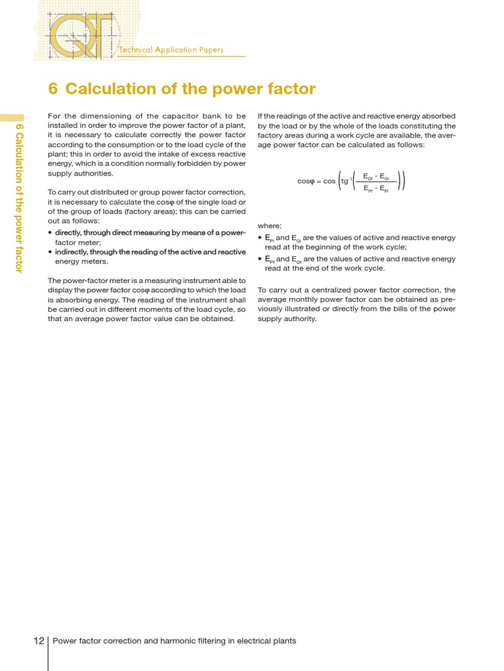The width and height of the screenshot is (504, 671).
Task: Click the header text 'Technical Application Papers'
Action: (x=171, y=50)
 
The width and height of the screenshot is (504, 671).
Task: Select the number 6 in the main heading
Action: (x=54, y=88)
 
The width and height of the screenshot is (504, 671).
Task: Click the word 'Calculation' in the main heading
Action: (x=111, y=88)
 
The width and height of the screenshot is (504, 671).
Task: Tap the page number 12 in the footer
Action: (x=39, y=640)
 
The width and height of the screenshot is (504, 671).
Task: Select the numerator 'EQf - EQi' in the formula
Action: (x=376, y=176)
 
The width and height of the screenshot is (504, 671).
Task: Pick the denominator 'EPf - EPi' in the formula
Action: (x=376, y=188)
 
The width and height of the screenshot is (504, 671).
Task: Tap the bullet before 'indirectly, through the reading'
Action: (x=51, y=252)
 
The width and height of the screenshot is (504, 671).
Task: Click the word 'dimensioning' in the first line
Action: (x=99, y=116)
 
